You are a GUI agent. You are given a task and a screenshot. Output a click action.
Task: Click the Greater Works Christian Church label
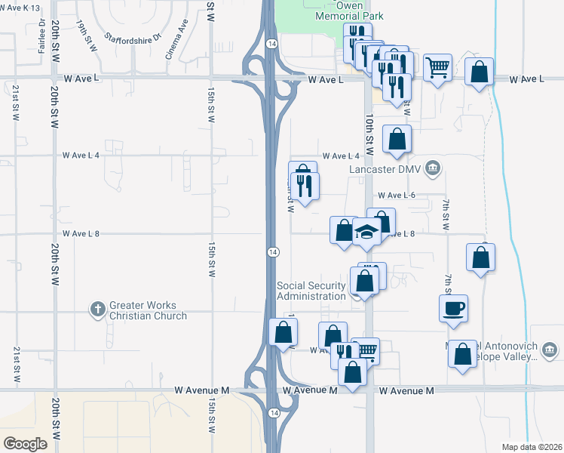click(148, 310)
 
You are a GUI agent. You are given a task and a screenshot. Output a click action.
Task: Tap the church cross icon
click(97, 309)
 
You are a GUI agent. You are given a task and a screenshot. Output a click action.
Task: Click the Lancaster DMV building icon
click(433, 167)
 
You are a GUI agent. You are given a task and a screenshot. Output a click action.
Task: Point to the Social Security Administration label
click(311, 291)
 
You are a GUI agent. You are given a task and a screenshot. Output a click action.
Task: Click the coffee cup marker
click(453, 309)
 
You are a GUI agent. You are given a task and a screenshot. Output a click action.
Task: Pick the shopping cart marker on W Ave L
click(437, 69)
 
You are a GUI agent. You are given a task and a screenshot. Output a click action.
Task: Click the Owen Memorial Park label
click(349, 11)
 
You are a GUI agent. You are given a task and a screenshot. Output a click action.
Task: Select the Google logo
click(25, 444)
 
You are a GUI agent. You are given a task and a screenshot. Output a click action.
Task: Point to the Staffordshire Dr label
click(133, 36)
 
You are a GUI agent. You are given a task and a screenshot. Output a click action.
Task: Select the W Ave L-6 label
click(397, 195)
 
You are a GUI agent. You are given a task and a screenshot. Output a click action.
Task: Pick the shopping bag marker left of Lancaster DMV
click(397, 139)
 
